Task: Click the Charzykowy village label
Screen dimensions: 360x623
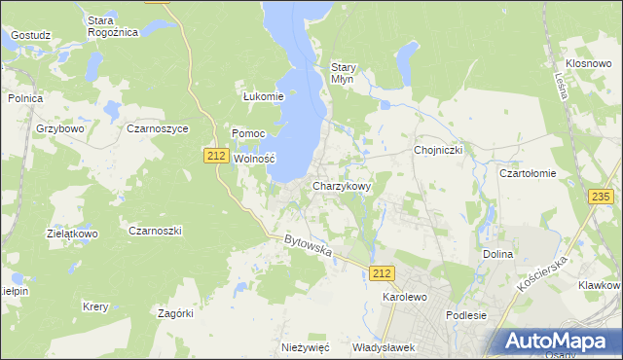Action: [x=341, y=185]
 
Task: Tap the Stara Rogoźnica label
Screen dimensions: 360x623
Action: [x=113, y=25]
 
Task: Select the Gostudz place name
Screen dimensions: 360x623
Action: [x=30, y=35]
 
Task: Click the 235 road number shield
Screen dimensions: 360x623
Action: [x=601, y=198]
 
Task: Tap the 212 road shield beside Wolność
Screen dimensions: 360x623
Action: [x=216, y=156]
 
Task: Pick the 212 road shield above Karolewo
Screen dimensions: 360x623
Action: [x=383, y=275]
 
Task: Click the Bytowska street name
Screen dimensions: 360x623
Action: [x=309, y=245]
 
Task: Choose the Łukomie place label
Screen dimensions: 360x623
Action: [x=263, y=96]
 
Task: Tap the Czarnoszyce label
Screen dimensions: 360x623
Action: [x=158, y=128]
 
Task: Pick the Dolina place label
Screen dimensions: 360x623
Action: [x=497, y=254]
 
